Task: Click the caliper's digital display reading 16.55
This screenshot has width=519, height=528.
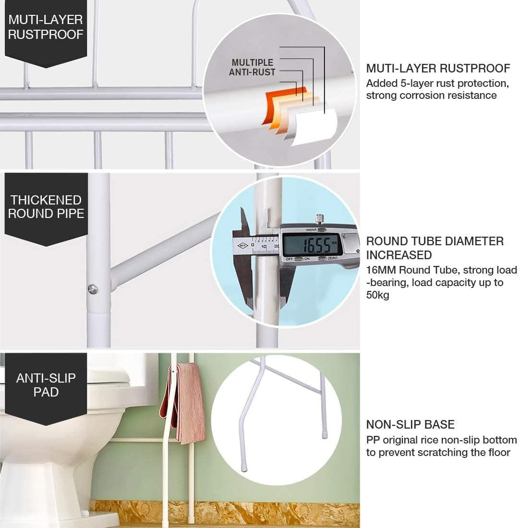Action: pyautogui.click(x=313, y=245)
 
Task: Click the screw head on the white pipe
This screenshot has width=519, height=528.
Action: pyautogui.click(x=93, y=288)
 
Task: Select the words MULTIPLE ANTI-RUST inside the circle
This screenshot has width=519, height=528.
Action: pyautogui.click(x=252, y=68)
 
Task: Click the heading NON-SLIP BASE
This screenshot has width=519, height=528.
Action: pyautogui.click(x=410, y=424)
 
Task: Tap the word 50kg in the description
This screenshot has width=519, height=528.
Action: pyautogui.click(x=377, y=295)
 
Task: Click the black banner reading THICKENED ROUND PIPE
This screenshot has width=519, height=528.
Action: pyautogui.click(x=46, y=207)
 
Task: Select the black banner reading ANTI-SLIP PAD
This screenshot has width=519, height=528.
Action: pyautogui.click(x=46, y=385)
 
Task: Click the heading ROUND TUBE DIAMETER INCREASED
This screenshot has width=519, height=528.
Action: pyautogui.click(x=435, y=248)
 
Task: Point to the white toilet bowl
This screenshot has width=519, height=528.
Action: pyautogui.click(x=53, y=442)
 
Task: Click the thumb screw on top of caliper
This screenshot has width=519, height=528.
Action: pyautogui.click(x=318, y=218)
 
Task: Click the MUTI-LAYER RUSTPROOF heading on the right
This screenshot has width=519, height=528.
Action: pyautogui.click(x=438, y=68)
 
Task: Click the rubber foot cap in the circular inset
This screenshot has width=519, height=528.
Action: pyautogui.click(x=325, y=436)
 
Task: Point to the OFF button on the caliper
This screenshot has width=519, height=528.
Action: pyautogui.click(x=290, y=259)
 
